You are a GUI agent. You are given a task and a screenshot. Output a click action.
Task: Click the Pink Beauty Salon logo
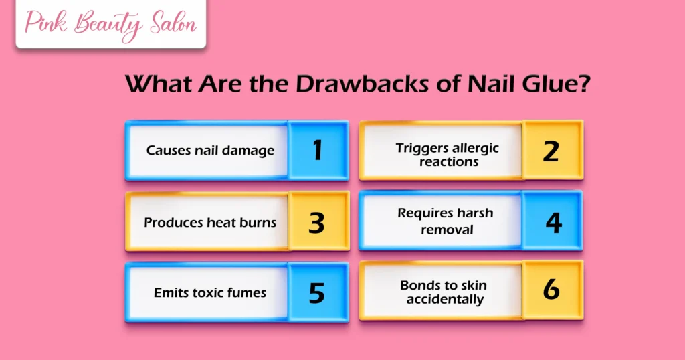point(111,24)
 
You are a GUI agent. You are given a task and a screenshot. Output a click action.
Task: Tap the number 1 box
point(318,151)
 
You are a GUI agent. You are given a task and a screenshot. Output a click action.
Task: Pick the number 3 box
point(317,222)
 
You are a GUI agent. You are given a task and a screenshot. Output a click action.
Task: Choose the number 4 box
point(553,221)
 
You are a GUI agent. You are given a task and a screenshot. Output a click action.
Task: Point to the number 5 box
point(317,292)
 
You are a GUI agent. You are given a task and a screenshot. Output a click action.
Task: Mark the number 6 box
point(551,291)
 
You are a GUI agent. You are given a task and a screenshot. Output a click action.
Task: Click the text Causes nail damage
point(210,151)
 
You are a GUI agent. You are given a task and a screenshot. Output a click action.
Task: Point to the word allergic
point(475,148)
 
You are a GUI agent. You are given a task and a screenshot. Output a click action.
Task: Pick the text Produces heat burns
point(210,222)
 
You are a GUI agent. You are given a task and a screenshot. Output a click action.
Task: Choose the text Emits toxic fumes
point(210,292)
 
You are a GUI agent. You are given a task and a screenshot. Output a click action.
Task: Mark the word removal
point(447,230)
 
